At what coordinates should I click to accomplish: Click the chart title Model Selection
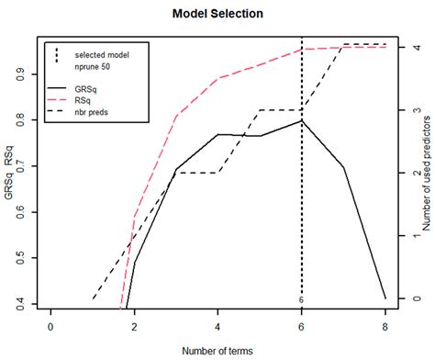tap(217, 15)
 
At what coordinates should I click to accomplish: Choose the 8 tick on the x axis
tap(385, 327)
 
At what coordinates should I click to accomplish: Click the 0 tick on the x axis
tap(50, 327)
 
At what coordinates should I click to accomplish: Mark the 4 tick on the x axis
tap(217, 327)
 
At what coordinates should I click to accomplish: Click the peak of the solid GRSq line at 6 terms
tap(301, 120)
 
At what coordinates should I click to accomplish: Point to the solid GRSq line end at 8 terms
tap(385, 298)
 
